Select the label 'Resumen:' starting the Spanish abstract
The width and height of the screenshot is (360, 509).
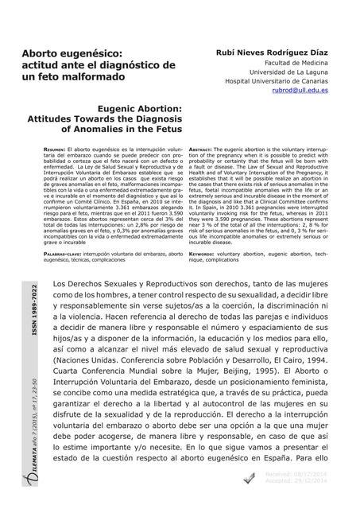coord(56,149)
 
